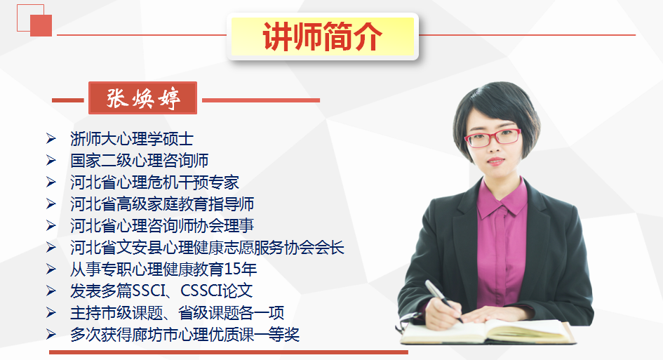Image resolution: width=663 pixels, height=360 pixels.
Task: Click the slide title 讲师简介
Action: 322,36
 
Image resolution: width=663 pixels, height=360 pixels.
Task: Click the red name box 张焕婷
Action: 143,98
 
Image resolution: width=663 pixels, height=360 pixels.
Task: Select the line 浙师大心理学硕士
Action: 132,139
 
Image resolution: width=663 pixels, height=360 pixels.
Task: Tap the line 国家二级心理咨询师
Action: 139,160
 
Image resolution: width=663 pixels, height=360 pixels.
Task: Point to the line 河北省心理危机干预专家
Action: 154,182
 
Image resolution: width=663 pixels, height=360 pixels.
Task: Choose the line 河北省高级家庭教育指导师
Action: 162,204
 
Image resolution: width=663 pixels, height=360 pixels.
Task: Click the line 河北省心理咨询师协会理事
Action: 162,225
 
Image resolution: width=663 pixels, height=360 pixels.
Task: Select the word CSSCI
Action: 201,291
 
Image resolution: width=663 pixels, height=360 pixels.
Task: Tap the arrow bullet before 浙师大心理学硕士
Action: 51,139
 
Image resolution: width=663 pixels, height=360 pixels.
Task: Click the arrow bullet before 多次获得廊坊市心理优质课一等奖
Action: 51,335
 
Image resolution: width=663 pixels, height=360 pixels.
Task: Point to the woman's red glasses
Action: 493,138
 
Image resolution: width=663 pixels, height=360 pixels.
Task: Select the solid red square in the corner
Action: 41,25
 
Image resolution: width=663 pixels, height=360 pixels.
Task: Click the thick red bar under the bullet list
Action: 228,352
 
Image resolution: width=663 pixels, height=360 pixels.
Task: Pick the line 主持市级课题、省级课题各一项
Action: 178,313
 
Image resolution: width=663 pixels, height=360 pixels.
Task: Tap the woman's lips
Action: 495,161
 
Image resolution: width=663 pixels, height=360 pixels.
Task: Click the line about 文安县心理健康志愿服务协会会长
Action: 207,248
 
